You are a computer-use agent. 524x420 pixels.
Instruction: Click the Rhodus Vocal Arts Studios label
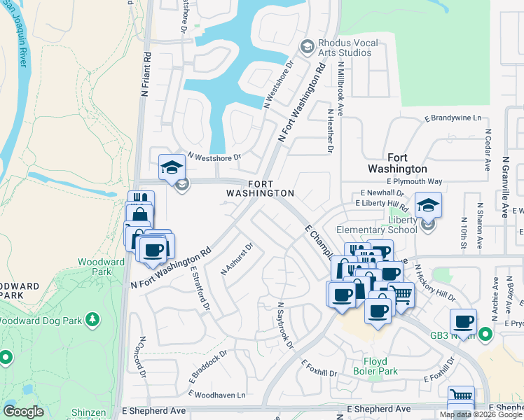(x=348, y=48)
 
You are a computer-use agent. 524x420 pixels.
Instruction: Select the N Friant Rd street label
(x=146, y=72)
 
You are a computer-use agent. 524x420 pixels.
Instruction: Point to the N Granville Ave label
(x=505, y=187)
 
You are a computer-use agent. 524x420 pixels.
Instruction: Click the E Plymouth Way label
(x=414, y=181)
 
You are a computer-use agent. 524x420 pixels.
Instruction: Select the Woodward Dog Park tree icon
(x=92, y=320)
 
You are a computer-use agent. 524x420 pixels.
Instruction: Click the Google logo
(x=23, y=412)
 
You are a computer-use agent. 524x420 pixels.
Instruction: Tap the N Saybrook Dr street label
(x=284, y=325)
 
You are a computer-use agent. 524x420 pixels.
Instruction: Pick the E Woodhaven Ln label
(x=221, y=395)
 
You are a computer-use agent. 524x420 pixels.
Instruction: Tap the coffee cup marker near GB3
(x=463, y=322)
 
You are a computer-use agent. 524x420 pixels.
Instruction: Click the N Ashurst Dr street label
(x=236, y=258)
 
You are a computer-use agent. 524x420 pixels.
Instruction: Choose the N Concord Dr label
(x=141, y=358)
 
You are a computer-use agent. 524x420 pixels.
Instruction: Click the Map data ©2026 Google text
(x=481, y=414)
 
